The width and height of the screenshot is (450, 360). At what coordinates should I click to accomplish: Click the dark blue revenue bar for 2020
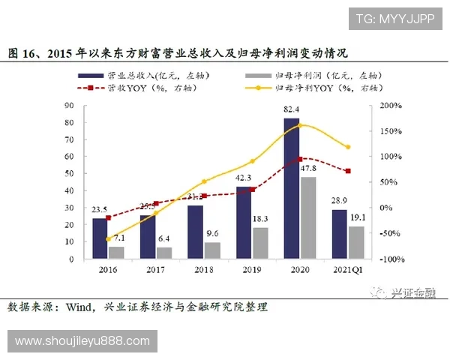(x=291, y=187)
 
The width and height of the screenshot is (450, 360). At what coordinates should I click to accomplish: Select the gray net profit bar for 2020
(x=307, y=217)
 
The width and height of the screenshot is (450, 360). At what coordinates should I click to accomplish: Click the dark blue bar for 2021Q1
(x=339, y=234)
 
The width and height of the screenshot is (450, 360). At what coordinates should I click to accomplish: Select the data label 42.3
(x=244, y=178)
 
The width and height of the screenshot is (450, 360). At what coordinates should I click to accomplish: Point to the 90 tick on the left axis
(x=70, y=106)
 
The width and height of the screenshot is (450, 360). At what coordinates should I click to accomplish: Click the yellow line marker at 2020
(x=300, y=124)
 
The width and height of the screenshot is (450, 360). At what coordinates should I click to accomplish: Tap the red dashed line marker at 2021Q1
(x=347, y=171)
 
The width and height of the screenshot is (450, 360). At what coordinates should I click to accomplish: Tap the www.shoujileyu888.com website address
(x=82, y=341)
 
